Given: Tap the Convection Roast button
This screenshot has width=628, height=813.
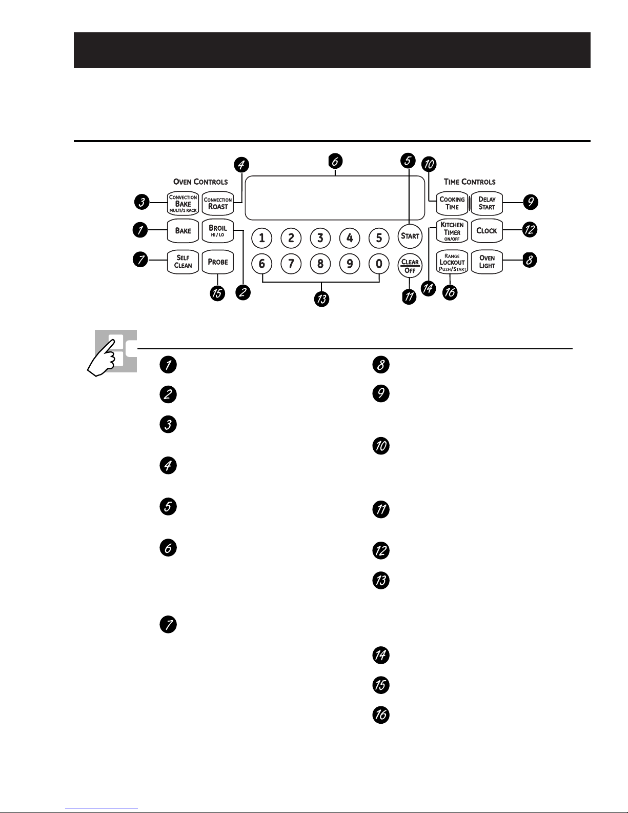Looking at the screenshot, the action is (217, 204).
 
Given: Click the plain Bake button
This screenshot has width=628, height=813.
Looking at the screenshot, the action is (183, 231).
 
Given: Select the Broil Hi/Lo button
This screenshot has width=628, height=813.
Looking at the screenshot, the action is (217, 231).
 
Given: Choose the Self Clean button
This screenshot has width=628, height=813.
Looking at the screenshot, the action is (183, 262).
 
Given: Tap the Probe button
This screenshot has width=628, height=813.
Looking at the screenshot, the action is (217, 262).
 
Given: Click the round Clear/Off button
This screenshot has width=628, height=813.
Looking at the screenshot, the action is (410, 266).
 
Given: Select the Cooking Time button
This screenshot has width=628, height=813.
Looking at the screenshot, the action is (452, 204).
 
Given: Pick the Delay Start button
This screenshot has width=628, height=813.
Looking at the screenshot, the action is (487, 204).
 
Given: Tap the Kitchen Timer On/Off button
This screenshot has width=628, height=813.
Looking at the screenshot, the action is (452, 231).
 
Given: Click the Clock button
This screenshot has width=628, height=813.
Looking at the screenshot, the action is (487, 231).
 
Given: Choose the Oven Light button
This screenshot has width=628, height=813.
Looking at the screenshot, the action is (487, 262).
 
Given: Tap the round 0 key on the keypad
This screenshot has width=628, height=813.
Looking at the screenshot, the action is (379, 264).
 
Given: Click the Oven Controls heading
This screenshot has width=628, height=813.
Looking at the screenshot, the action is (200, 182).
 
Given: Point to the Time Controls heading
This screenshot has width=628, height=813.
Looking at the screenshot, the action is (470, 182).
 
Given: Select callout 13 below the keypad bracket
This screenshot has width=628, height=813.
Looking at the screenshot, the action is (321, 299).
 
